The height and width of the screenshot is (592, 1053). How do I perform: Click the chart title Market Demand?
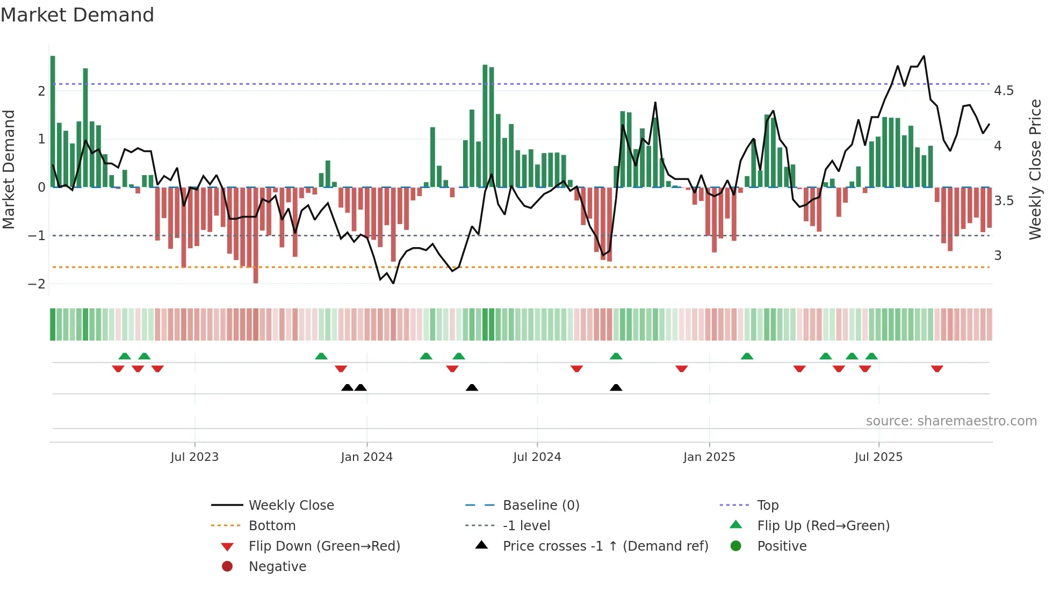[x=77, y=15]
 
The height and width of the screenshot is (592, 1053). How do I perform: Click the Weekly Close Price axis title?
[x=1035, y=169]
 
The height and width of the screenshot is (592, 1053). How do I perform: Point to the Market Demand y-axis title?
[x=9, y=169]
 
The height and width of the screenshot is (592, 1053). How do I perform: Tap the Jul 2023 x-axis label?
[x=194, y=457]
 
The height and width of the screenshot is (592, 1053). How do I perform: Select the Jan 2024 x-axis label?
[x=366, y=457]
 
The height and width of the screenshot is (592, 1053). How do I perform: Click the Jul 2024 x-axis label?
[x=537, y=457]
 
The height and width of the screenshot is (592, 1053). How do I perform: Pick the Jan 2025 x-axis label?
[x=709, y=457]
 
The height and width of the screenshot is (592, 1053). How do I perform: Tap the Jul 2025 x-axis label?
[x=878, y=457]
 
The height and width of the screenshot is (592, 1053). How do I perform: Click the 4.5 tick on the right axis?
[x=1004, y=91]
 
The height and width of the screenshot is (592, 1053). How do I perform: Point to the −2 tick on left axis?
[x=37, y=284]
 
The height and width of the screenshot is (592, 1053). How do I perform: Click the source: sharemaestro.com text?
[x=951, y=421]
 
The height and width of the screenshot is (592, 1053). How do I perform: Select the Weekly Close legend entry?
[x=291, y=506]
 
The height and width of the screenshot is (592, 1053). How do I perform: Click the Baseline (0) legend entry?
[x=540, y=506]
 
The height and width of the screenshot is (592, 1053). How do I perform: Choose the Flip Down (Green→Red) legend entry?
[x=324, y=546]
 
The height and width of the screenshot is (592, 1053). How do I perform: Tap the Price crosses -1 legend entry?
[x=605, y=546]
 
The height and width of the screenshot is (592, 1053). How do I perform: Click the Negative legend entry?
[x=277, y=567]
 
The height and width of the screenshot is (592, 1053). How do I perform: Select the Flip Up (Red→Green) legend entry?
[x=823, y=526]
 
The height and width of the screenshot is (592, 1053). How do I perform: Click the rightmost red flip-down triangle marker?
[x=937, y=369]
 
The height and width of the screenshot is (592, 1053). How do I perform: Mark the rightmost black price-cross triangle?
[x=616, y=387]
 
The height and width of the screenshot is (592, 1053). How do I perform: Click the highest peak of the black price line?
[x=924, y=56]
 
